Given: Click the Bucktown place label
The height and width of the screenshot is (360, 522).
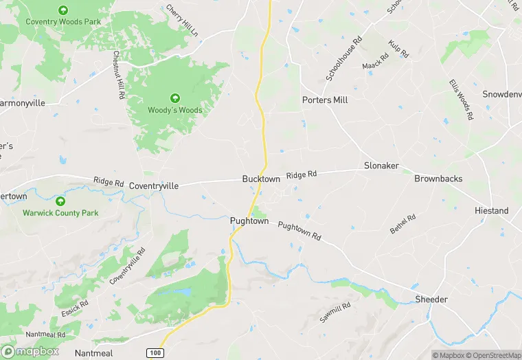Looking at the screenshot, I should (x=261, y=179).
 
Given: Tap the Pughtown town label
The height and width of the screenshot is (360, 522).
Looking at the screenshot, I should (x=249, y=222).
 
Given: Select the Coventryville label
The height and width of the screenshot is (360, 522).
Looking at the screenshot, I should (x=154, y=185).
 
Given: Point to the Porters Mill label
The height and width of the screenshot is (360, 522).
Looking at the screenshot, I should (x=325, y=100).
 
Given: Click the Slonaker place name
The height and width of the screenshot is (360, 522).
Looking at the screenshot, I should (x=382, y=166).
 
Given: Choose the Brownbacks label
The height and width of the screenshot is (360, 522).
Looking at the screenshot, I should (x=438, y=179).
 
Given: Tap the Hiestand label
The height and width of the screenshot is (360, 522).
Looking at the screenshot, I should (x=492, y=211).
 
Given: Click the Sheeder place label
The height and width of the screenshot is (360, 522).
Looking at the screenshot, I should (x=431, y=300).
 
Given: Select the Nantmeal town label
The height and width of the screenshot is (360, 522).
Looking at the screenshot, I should (x=95, y=352).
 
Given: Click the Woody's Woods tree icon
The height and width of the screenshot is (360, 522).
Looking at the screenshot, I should (x=175, y=98).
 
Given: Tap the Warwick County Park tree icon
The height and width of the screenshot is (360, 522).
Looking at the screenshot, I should (x=60, y=201).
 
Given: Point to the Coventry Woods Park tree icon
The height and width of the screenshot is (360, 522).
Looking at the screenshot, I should (x=63, y=10).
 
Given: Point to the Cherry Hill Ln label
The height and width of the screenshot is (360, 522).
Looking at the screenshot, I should (x=182, y=21).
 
